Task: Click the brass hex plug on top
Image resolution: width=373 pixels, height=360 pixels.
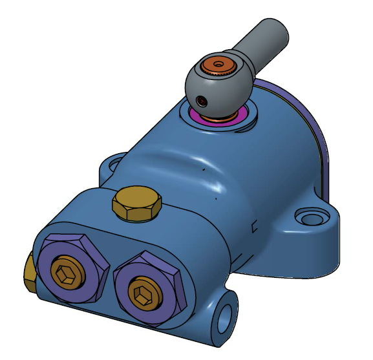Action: coord(136,204)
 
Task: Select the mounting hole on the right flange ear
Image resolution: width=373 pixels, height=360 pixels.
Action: coord(310,215)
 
